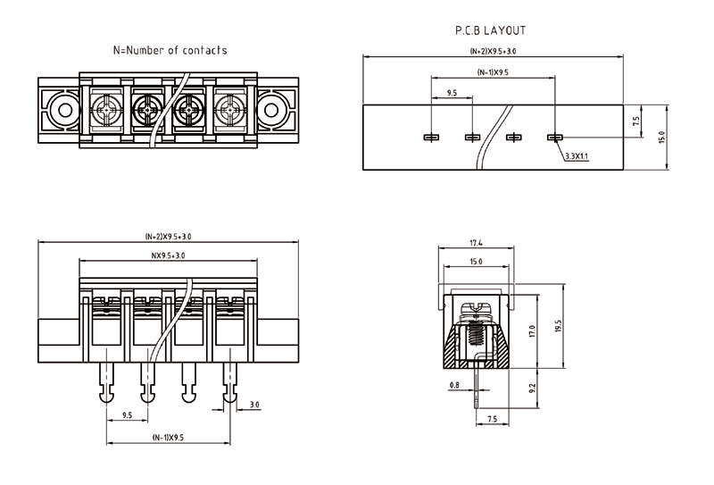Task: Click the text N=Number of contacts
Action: [170, 50]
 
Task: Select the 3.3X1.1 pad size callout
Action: [576, 156]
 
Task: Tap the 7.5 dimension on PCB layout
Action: [635, 121]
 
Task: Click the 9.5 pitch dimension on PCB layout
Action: [452, 93]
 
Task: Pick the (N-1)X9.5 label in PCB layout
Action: [493, 72]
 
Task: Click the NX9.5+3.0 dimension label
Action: [169, 256]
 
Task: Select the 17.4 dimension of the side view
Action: [476, 243]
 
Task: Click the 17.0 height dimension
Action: [532, 331]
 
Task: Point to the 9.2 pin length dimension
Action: [534, 389]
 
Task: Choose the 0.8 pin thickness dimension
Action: [455, 386]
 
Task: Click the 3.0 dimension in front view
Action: [254, 406]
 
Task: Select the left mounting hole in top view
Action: [62, 112]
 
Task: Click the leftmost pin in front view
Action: [106, 385]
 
